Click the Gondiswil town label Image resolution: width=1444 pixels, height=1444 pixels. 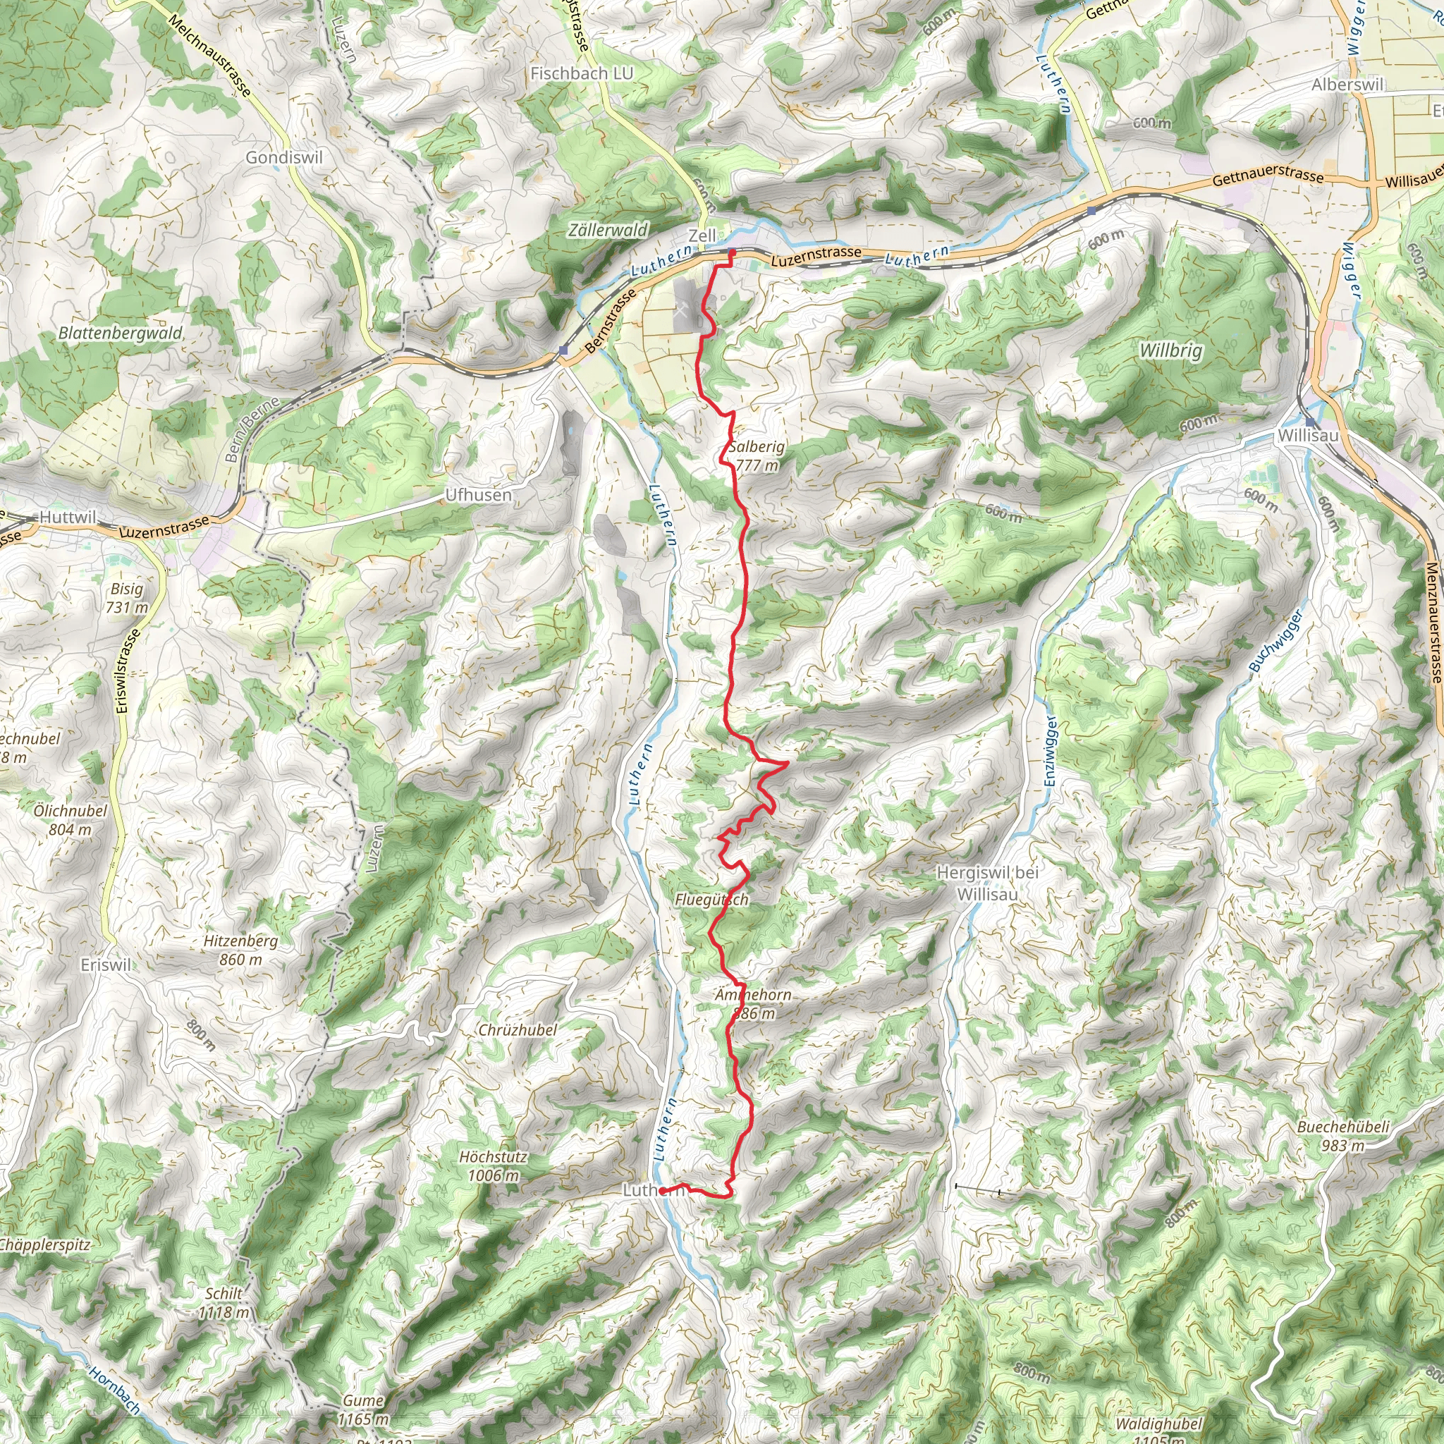[x=284, y=158]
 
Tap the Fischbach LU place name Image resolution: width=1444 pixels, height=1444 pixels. [x=582, y=73]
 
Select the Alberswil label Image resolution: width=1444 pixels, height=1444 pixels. [x=1347, y=85]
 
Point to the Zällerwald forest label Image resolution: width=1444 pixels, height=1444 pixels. [x=608, y=230]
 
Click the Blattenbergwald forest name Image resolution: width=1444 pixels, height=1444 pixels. [x=121, y=334]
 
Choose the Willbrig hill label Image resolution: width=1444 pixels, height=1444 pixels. [x=1170, y=350]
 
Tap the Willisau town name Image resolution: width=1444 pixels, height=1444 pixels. [x=1308, y=436]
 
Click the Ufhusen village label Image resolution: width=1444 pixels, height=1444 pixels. [x=478, y=495]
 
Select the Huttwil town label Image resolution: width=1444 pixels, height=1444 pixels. [x=68, y=518]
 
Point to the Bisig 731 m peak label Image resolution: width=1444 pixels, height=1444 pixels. [x=126, y=598]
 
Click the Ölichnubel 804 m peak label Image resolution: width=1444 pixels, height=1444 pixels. [x=71, y=820]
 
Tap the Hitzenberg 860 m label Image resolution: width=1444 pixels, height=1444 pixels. [x=240, y=950]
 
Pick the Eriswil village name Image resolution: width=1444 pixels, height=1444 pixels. [x=105, y=965]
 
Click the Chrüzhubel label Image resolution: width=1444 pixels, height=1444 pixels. [x=518, y=1030]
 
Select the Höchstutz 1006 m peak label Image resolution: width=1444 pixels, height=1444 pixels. [x=493, y=1166]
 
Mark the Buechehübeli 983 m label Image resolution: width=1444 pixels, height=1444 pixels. [x=1343, y=1136]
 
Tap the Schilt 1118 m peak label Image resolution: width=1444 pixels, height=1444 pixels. [x=224, y=1302]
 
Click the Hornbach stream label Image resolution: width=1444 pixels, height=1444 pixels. [x=114, y=1391]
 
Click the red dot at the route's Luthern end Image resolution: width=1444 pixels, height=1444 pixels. [x=663, y=1191]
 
